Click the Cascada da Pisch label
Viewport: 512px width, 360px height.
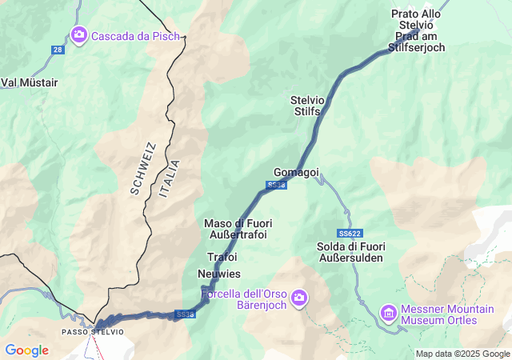coord(136,35)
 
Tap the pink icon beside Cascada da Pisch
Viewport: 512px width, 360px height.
coord(79,34)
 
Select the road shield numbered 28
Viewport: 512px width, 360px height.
coord(57,50)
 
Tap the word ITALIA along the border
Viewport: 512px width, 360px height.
coord(170,179)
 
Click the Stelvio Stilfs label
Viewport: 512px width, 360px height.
coord(306,106)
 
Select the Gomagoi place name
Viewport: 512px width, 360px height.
coord(296,172)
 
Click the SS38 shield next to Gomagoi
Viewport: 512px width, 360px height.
coord(275,185)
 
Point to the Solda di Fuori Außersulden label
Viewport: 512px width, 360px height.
coord(350,251)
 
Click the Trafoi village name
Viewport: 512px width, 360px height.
coord(222,257)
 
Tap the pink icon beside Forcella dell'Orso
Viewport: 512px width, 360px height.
coord(299,298)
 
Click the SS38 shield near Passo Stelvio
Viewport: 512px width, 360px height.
coord(184,314)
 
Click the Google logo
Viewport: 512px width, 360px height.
coord(26,350)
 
